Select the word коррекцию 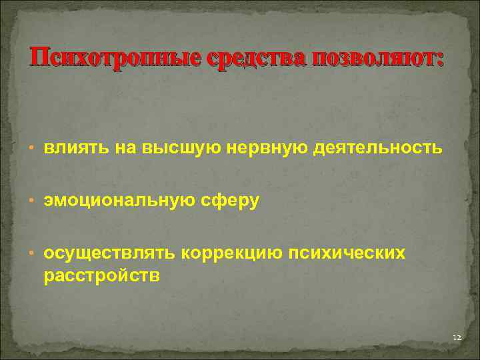pos(231,253)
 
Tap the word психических pos(347,253)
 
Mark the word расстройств pos(101,276)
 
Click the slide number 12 pos(456,339)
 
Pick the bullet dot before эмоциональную pos(32,201)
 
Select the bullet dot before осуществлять pos(32,253)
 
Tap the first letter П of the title pos(37,59)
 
